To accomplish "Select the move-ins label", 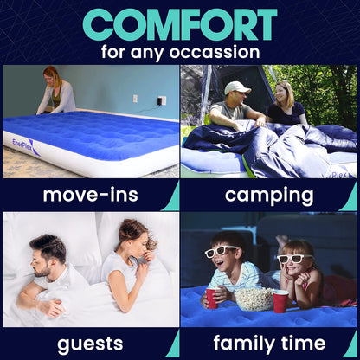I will pos(90,194).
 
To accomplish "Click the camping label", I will pos(269,194).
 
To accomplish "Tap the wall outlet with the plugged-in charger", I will pos(162,101).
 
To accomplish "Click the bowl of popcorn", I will pos(254,299).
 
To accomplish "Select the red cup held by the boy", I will pos(211,299).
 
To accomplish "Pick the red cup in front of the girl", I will pos(280,302).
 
